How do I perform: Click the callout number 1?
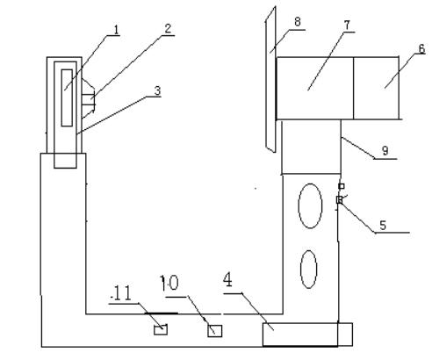pos(117,30)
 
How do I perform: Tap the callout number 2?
pos(168,29)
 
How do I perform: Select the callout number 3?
pos(157,90)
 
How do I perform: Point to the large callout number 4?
pos(227,279)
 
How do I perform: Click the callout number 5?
pos(383,225)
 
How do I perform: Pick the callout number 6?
pos(421,49)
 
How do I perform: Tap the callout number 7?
pos(347,25)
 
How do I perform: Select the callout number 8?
pos(298,22)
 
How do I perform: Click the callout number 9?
pos(385,150)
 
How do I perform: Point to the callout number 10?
pos(169,283)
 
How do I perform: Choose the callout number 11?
pos(122,293)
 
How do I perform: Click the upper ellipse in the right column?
pos(310,205)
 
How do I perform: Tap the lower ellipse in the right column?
pos(308,270)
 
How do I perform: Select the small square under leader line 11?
pos(161,329)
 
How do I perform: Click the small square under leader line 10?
pos(215,331)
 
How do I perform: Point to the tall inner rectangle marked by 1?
pos(67,98)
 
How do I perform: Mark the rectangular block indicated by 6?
pos(376,88)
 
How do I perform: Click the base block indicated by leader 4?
pos(307,335)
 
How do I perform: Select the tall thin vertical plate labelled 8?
pos(270,79)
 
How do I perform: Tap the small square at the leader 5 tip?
pos(339,200)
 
